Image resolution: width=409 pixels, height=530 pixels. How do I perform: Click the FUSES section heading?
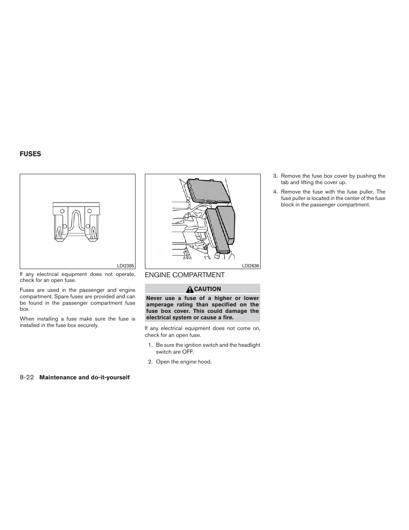pyautogui.click(x=30, y=154)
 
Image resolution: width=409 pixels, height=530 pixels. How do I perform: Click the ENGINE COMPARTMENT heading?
pyautogui.click(x=184, y=275)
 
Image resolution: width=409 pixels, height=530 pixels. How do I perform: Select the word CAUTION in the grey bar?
pyautogui.click(x=208, y=289)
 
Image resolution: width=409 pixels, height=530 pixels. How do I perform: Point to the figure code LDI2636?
pyautogui.click(x=251, y=266)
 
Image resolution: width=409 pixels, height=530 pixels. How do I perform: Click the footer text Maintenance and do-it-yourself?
pyautogui.click(x=84, y=377)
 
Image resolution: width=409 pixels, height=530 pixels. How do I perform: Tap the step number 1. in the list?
pyautogui.click(x=150, y=345)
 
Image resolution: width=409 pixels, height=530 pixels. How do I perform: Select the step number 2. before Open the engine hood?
pyautogui.click(x=150, y=362)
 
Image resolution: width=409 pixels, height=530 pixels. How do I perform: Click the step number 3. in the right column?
pyautogui.click(x=275, y=176)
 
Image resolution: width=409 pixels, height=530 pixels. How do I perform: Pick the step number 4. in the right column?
pyautogui.click(x=275, y=192)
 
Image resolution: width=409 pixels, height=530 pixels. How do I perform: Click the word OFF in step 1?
pyautogui.click(x=187, y=352)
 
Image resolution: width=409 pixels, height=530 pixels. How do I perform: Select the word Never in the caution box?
pyautogui.click(x=155, y=298)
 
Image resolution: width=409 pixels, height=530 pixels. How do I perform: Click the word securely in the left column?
pyautogui.click(x=88, y=325)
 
